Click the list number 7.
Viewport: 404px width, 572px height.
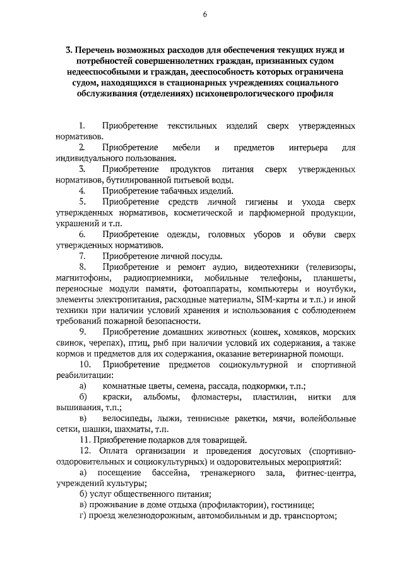pyautogui.click(x=82, y=256)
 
